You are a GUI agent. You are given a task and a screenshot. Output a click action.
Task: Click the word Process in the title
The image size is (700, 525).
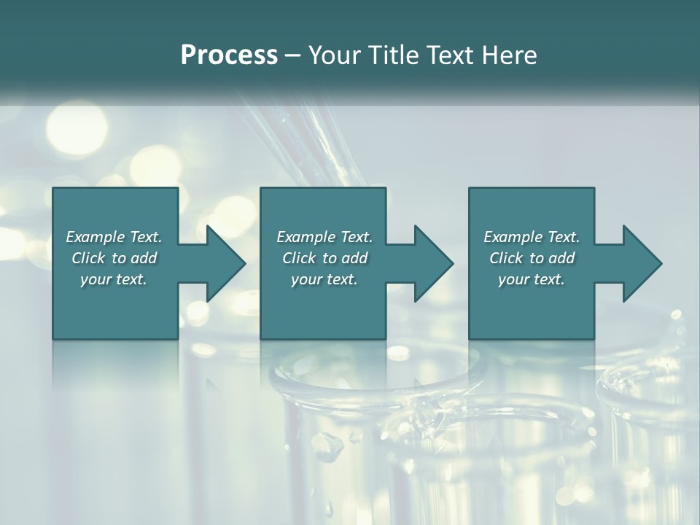coord(229,55)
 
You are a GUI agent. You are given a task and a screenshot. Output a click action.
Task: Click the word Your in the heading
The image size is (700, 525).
coord(331,55)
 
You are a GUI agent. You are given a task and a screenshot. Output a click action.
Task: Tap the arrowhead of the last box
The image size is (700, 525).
coord(641,263)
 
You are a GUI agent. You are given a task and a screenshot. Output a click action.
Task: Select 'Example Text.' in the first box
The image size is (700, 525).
coord(114,237)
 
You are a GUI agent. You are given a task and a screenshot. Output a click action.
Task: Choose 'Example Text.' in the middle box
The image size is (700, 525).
coord(324,237)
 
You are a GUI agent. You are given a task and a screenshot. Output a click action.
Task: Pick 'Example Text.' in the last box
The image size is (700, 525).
coord(532,237)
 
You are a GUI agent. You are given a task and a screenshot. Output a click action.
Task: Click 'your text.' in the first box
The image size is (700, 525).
coord(114,279)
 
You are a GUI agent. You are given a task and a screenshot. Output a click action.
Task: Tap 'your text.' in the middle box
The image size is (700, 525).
coord(324,279)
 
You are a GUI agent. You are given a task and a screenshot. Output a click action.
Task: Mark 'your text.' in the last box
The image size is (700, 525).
coord(532,279)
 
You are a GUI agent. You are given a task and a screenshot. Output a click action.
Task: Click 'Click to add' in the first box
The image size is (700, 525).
coord(114,258)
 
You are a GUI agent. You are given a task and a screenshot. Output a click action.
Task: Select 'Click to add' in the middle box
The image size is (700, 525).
coord(324,258)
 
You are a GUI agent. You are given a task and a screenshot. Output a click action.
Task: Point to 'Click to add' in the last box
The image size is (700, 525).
coord(532,258)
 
